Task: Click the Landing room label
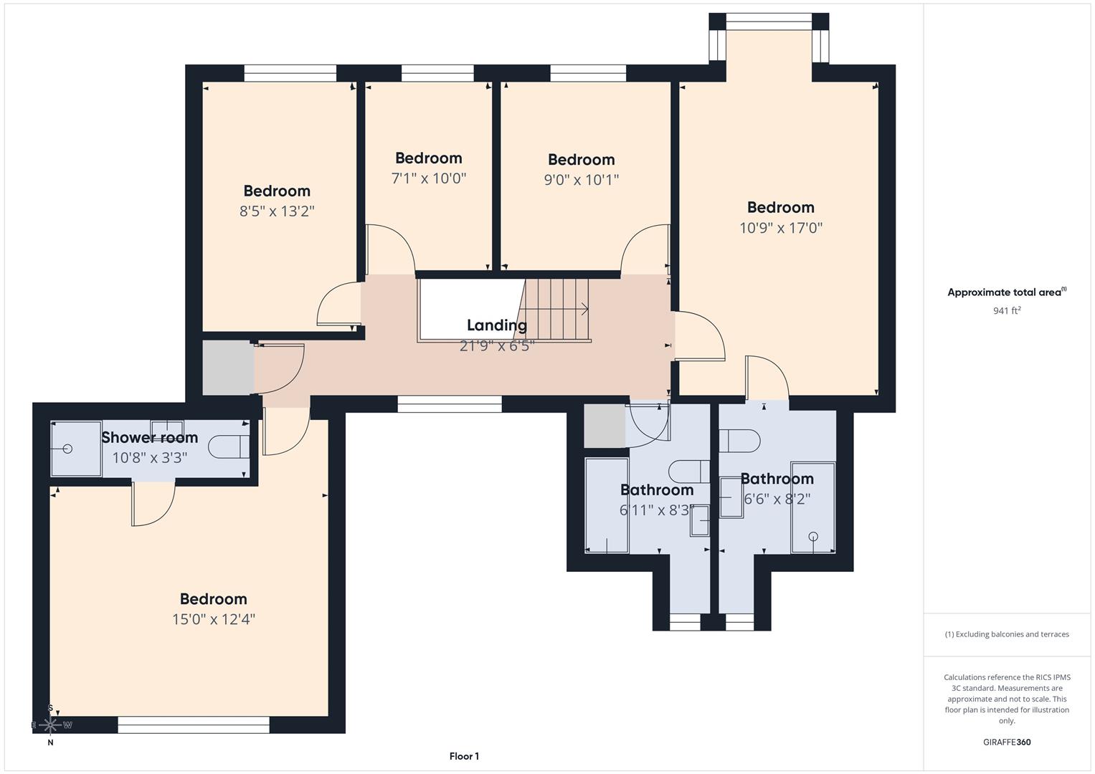pos(496,325)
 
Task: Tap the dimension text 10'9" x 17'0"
pos(780,228)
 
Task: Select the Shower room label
pos(149,437)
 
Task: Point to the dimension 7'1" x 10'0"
pos(428,178)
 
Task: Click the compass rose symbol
pos(49,725)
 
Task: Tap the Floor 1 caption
pos(464,756)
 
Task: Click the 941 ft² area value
pos(1006,310)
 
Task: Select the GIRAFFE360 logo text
pos(1006,742)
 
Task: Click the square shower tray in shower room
pos(75,449)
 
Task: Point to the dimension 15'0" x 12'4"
pos(213,619)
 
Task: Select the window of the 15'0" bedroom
pos(194,725)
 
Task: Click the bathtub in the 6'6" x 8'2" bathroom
pos(813,507)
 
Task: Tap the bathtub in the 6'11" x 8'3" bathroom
pos(607,505)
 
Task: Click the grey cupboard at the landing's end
pos(227,368)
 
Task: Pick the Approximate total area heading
pos(1006,292)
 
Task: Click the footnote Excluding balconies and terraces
pos(1006,634)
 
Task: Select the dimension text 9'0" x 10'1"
pos(581,180)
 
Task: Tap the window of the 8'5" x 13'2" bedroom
pos(290,72)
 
